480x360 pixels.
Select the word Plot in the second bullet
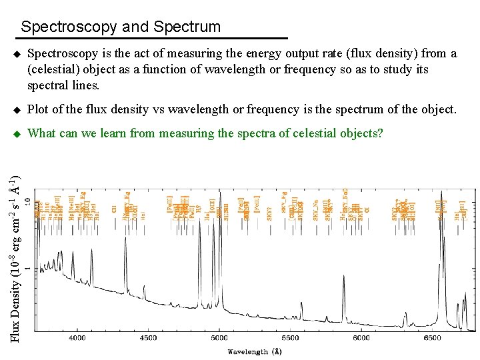click(x=39, y=109)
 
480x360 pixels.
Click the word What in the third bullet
click(x=42, y=133)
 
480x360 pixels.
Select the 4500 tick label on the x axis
click(x=148, y=339)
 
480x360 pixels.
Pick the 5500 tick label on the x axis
click(x=290, y=339)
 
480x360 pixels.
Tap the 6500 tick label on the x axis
click(x=432, y=339)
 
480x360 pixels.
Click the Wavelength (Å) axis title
click(x=253, y=351)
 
